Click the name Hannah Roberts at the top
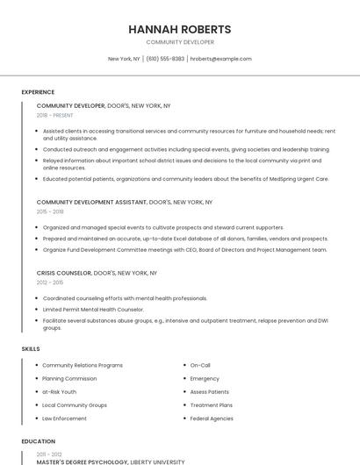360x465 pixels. pyautogui.click(x=180, y=29)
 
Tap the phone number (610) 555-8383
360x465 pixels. pyautogui.click(x=165, y=59)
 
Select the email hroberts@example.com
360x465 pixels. pyautogui.click(x=221, y=59)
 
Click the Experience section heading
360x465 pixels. pyautogui.click(x=38, y=92)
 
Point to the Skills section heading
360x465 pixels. pyautogui.click(x=31, y=349)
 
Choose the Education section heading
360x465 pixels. pyautogui.click(x=38, y=441)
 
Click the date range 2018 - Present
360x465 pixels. pyautogui.click(x=55, y=115)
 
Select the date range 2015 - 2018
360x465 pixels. pyautogui.click(x=50, y=211)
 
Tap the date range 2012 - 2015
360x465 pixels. pyautogui.click(x=50, y=283)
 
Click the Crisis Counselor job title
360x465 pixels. pyautogui.click(x=64, y=273)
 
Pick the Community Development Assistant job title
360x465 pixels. pyautogui.click(x=91, y=202)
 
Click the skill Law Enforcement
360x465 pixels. pyautogui.click(x=64, y=418)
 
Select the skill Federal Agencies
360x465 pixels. pyautogui.click(x=212, y=418)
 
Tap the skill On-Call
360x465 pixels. pyautogui.click(x=200, y=365)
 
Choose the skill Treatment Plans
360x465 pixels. pyautogui.click(x=212, y=405)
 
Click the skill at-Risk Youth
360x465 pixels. pyautogui.click(x=60, y=392)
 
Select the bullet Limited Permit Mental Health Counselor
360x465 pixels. pyautogui.click(x=93, y=310)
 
